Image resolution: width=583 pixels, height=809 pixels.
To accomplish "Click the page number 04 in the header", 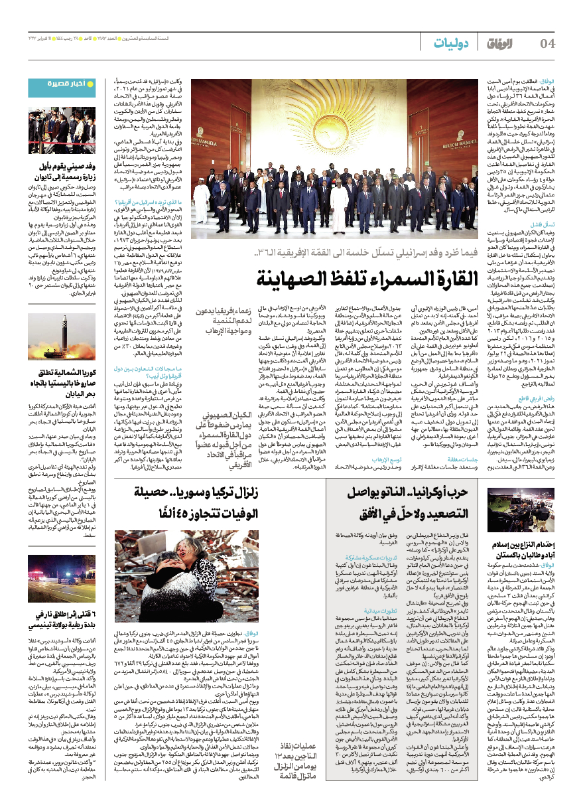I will [x=548, y=44].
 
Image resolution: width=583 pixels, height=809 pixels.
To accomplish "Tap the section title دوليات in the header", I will [x=452, y=44].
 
